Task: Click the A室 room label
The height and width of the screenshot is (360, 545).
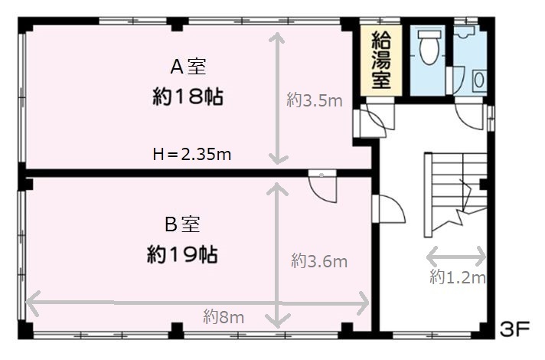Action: (x=188, y=67)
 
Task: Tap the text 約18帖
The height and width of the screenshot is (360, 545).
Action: (x=188, y=97)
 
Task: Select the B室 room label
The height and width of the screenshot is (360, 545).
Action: (x=182, y=224)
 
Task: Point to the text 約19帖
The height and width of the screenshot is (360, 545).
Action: (x=182, y=254)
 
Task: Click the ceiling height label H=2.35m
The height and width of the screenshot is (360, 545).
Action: (x=192, y=154)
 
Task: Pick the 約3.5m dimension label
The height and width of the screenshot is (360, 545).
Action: (x=315, y=100)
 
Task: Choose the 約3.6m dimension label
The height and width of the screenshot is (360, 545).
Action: (x=319, y=260)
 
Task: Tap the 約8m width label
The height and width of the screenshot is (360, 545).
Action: (x=224, y=317)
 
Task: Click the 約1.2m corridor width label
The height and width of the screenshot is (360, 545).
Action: (x=458, y=277)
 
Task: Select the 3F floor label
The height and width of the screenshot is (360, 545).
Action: (x=514, y=329)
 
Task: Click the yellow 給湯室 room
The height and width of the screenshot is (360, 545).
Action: (x=381, y=61)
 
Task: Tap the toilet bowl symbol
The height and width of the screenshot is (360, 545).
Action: (x=429, y=47)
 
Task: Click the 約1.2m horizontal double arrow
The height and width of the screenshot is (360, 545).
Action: (x=456, y=257)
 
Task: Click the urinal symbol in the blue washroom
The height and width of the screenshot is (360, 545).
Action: (x=479, y=80)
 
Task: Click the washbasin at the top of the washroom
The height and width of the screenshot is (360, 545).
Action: (x=465, y=32)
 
